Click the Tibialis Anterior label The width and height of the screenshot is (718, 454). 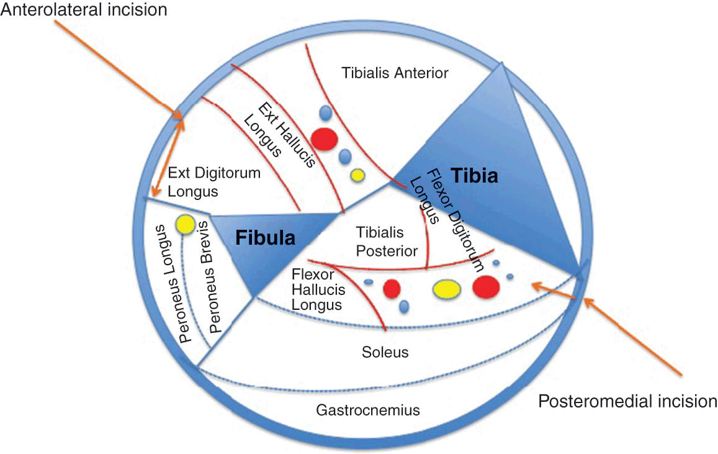[x=395, y=73]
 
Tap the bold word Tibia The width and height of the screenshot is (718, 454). [x=474, y=176]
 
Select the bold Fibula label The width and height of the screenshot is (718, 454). [x=265, y=237]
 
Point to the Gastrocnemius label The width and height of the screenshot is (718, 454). [x=368, y=410]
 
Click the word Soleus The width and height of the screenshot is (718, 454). [x=385, y=352]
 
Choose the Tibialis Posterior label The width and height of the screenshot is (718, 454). [x=387, y=242]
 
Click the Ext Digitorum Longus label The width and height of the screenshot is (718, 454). [x=213, y=182]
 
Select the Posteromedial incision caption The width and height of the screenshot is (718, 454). [x=627, y=401]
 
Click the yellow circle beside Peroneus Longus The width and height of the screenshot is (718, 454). [x=186, y=225]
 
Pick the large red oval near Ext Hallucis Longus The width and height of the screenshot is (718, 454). [x=324, y=138]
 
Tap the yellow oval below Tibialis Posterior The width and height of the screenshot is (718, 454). [x=446, y=289]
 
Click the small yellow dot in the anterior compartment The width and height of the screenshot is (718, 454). [x=357, y=175]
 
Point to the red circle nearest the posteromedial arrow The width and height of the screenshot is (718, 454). [x=486, y=287]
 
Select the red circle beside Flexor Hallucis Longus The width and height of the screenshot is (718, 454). [x=391, y=288]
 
